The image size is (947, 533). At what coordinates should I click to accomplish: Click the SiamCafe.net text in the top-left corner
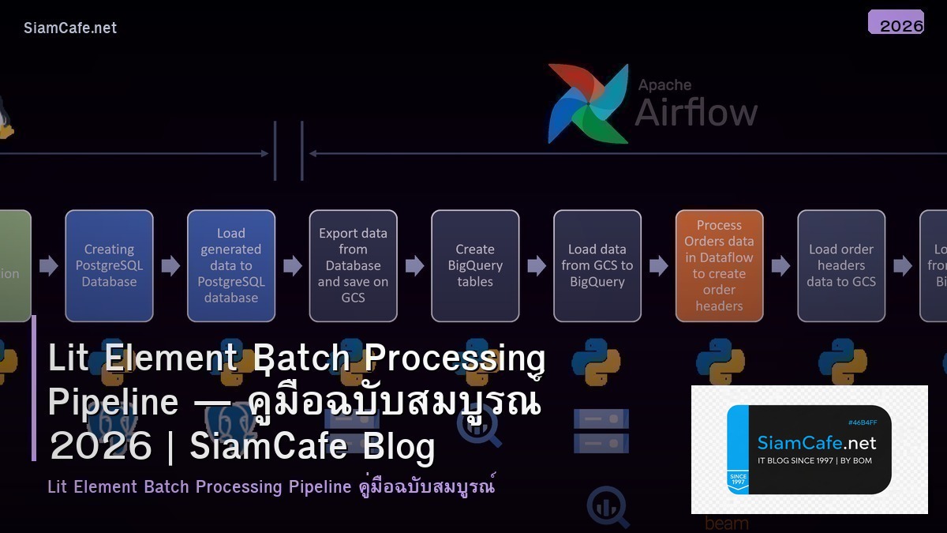pyautogui.click(x=70, y=28)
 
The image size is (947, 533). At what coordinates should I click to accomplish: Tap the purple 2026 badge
pyautogui.click(x=896, y=23)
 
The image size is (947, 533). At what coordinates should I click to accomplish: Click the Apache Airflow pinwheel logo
pyautogui.click(x=588, y=103)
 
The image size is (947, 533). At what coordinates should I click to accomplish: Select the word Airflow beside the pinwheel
pyautogui.click(x=696, y=112)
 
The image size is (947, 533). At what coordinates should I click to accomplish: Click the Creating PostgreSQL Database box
pyautogui.click(x=109, y=265)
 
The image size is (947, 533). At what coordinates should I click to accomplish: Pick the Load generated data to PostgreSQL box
pyautogui.click(x=231, y=265)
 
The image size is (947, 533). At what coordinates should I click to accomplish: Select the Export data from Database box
pyautogui.click(x=353, y=265)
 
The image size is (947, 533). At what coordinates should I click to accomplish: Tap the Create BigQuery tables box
pyautogui.click(x=475, y=265)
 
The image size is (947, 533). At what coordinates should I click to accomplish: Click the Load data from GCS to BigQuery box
pyautogui.click(x=597, y=265)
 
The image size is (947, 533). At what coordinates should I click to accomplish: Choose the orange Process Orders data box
pyautogui.click(x=719, y=265)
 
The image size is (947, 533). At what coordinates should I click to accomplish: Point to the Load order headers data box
pyautogui.click(x=841, y=265)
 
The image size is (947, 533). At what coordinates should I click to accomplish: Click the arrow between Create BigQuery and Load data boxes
pyautogui.click(x=537, y=265)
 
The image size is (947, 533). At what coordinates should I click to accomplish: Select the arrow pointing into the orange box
pyautogui.click(x=658, y=265)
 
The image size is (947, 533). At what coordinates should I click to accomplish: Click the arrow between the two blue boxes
pyautogui.click(x=170, y=265)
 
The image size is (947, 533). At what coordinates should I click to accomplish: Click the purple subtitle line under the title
pyautogui.click(x=271, y=486)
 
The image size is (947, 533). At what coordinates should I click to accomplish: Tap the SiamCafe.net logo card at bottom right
pyautogui.click(x=809, y=449)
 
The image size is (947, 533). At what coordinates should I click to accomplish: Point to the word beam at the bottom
pyautogui.click(x=726, y=524)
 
